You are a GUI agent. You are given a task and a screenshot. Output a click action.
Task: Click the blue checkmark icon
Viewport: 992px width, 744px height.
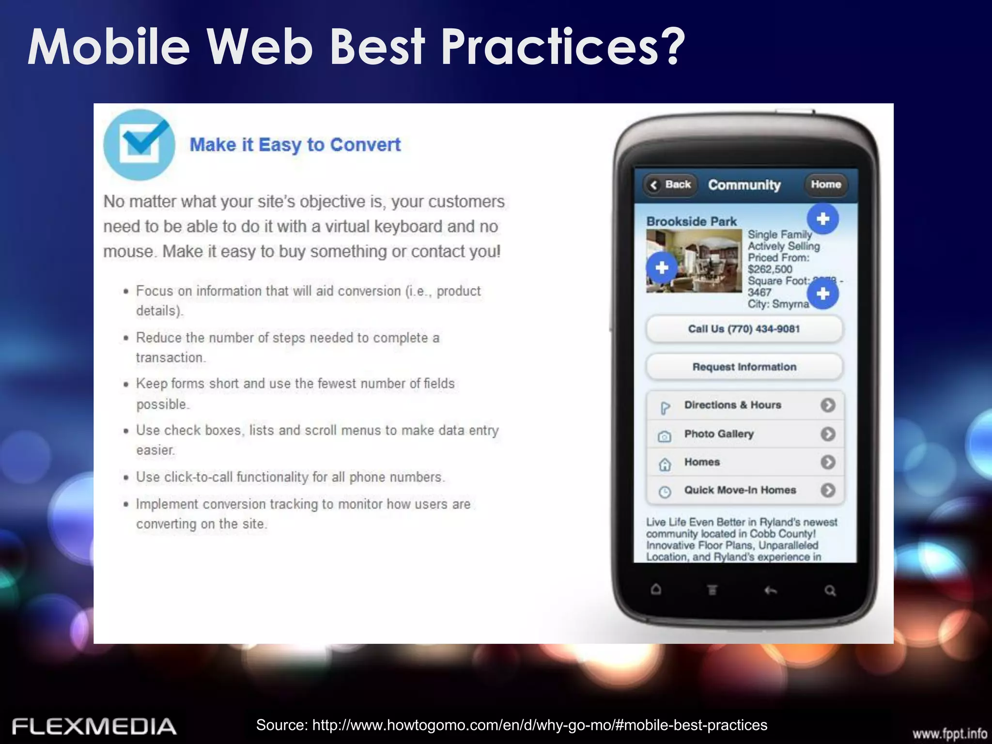[139, 144]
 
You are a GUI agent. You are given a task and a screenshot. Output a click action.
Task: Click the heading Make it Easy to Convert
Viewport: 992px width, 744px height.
[295, 145]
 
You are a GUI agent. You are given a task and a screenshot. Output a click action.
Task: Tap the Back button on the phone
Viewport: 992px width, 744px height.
[671, 185]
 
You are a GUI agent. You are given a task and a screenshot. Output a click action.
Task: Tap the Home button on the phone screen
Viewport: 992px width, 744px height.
[826, 185]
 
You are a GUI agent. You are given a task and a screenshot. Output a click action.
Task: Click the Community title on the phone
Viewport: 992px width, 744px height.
[744, 185]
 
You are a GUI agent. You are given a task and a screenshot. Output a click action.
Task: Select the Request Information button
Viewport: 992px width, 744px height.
[744, 367]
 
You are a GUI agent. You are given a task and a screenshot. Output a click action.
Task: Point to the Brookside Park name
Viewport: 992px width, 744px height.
[691, 221]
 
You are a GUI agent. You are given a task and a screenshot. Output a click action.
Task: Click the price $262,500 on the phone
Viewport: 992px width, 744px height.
[770, 269]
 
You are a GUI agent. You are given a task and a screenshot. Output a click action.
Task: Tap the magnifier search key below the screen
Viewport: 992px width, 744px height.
[830, 590]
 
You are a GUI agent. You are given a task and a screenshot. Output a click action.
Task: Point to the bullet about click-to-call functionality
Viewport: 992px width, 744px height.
[290, 477]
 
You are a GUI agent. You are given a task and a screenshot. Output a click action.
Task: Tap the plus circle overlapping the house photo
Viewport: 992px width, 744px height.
[662, 268]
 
